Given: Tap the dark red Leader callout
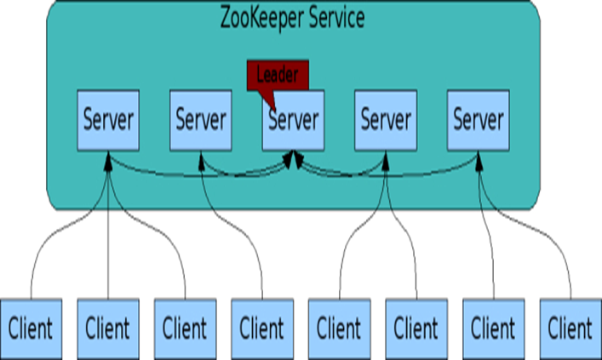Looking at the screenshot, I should click(277, 74).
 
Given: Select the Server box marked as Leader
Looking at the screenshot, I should click(294, 119).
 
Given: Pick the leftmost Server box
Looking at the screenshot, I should click(108, 119).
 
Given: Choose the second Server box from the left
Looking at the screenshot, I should click(201, 119).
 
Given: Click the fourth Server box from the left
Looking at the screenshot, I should click(386, 119).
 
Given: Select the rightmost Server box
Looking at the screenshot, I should click(479, 119).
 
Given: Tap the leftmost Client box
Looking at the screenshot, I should click(31, 327).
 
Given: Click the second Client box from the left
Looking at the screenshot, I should click(107, 327).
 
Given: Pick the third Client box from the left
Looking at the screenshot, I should click(184, 327).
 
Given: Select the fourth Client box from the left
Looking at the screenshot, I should click(261, 327).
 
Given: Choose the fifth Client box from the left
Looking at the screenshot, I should click(338, 327).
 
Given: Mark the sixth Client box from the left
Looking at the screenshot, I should click(415, 327).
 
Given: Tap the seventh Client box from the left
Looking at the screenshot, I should click(492, 327).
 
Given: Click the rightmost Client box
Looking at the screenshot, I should click(569, 327).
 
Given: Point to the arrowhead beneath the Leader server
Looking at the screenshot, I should click(295, 158).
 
